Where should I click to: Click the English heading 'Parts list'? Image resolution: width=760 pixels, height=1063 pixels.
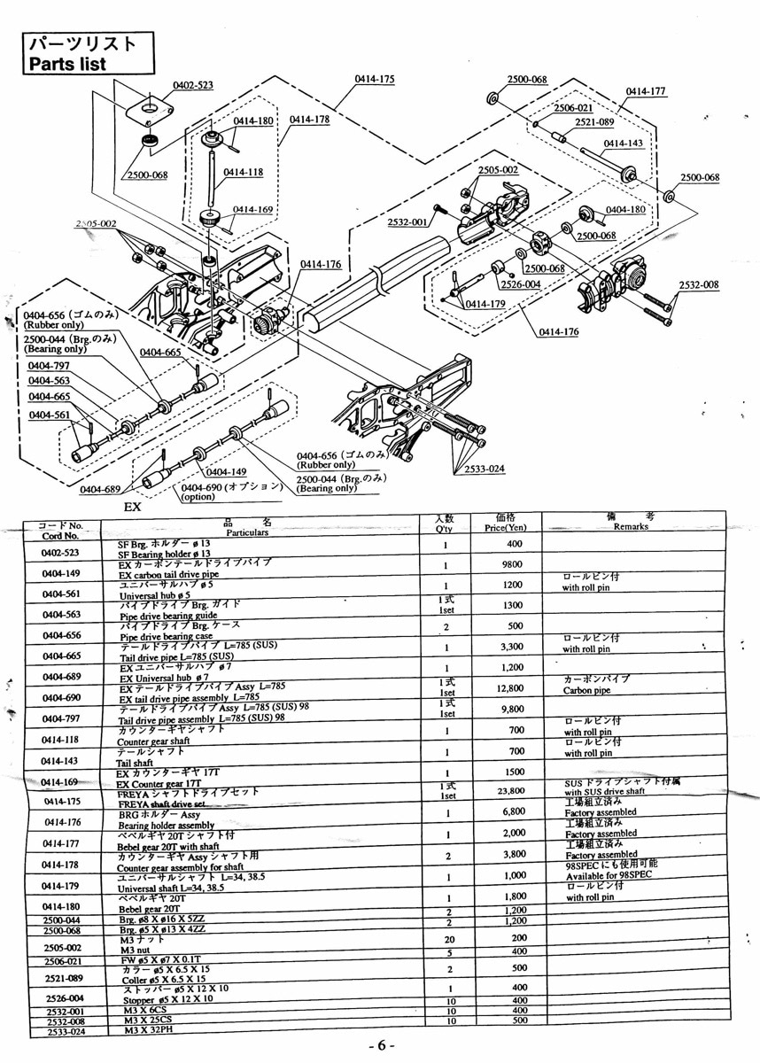click(66, 64)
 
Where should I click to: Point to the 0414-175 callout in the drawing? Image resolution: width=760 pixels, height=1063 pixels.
click(375, 80)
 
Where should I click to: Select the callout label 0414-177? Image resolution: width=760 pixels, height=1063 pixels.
click(646, 90)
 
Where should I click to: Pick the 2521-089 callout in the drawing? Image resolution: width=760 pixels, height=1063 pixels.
click(594, 123)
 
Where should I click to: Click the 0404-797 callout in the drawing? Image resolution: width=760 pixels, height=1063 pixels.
click(49, 366)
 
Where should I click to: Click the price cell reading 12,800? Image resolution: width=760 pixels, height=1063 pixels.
click(506, 687)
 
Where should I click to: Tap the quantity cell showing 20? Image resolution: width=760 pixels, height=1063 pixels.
click(449, 939)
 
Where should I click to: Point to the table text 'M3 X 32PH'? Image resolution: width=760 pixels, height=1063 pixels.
click(155, 1030)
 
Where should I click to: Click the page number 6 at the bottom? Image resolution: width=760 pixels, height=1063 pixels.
click(380, 1046)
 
